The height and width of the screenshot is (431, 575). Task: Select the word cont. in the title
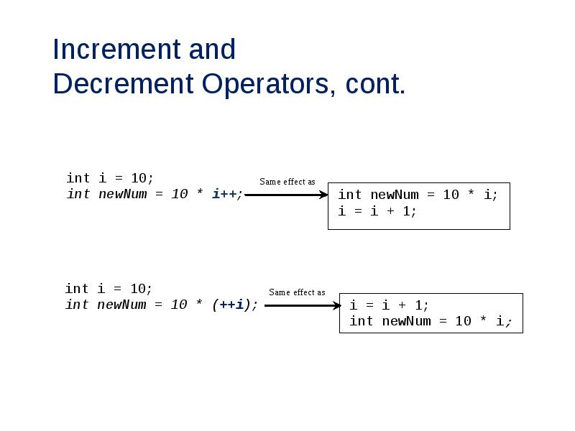pyautogui.click(x=376, y=85)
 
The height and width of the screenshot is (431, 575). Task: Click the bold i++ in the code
pyautogui.click(x=225, y=194)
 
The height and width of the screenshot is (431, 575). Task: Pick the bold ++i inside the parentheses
pyautogui.click(x=231, y=305)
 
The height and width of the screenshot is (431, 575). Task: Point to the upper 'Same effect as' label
pyautogui.click(x=287, y=182)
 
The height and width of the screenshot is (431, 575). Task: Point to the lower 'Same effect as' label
pyautogui.click(x=297, y=292)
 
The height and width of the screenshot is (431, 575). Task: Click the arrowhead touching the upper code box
pyautogui.click(x=323, y=194)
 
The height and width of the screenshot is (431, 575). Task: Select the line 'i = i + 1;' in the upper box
pyautogui.click(x=377, y=211)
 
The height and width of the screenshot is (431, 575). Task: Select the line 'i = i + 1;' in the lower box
pyautogui.click(x=390, y=305)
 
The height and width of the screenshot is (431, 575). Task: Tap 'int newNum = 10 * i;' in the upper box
pyautogui.click(x=418, y=195)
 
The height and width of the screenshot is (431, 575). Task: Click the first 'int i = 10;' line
pyautogui.click(x=110, y=177)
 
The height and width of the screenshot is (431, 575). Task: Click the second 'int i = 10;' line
pyautogui.click(x=109, y=289)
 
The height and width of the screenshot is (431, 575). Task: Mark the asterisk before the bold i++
pyautogui.click(x=199, y=195)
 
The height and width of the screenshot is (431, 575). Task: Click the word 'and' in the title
pyautogui.click(x=212, y=50)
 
